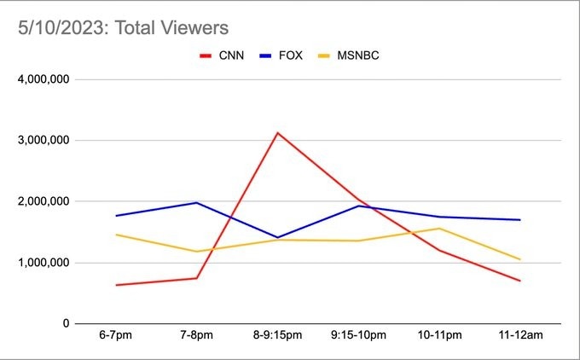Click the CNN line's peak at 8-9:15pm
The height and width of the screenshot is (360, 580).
click(x=278, y=132)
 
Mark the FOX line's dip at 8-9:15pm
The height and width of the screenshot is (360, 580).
click(x=278, y=237)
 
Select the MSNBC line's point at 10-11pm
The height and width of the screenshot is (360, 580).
click(x=440, y=228)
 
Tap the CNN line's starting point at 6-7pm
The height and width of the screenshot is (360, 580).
click(x=116, y=285)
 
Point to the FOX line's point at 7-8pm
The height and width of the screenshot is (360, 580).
click(x=197, y=203)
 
